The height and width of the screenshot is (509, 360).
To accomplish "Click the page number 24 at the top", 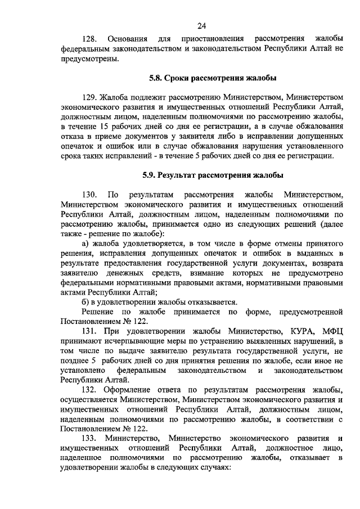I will pyautogui.click(x=202, y=25).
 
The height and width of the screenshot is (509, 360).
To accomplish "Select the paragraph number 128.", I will pyautogui.click(x=89, y=39).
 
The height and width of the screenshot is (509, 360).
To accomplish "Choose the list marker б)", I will pyautogui.click(x=86, y=301).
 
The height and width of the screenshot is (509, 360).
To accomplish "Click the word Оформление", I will pyautogui.click(x=134, y=390).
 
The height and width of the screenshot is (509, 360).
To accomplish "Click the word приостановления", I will pyautogui.click(x=213, y=39).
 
